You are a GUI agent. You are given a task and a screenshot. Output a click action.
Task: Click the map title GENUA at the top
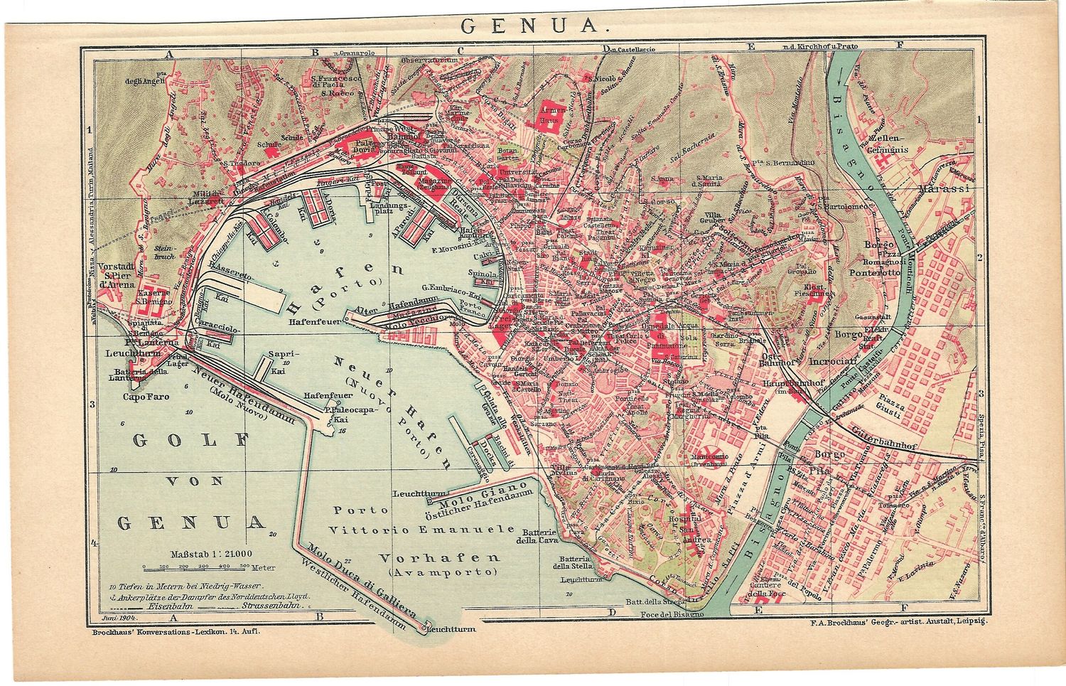tap(529, 27)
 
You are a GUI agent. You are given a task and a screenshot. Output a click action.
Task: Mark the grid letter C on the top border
tap(461, 50)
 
